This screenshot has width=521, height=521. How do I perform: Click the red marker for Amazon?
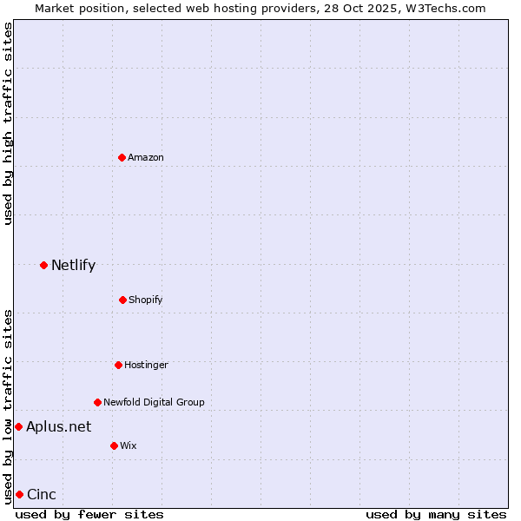click(122, 157)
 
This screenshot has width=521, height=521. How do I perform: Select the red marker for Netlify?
click(43, 265)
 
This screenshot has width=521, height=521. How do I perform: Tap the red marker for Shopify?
click(122, 300)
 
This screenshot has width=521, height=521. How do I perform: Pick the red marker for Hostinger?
click(118, 365)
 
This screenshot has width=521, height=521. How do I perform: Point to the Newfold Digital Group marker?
click(97, 402)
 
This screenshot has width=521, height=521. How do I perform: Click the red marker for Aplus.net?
click(18, 426)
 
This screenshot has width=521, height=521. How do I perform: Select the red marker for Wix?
click(114, 445)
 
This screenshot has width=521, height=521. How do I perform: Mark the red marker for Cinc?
click(19, 494)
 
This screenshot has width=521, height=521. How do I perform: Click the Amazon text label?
click(146, 157)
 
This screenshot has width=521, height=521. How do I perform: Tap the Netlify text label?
click(73, 265)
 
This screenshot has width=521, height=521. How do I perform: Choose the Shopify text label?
click(146, 300)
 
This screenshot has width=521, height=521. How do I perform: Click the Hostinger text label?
click(146, 365)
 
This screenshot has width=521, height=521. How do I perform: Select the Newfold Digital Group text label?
click(154, 402)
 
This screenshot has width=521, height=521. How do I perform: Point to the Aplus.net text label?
click(58, 426)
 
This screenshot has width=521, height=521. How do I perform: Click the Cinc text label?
click(42, 494)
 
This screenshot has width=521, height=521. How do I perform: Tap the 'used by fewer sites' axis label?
click(89, 514)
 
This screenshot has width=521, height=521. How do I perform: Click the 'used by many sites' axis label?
click(436, 514)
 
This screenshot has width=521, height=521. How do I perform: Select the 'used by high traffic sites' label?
click(8, 123)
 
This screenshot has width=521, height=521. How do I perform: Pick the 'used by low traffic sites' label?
click(8, 406)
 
